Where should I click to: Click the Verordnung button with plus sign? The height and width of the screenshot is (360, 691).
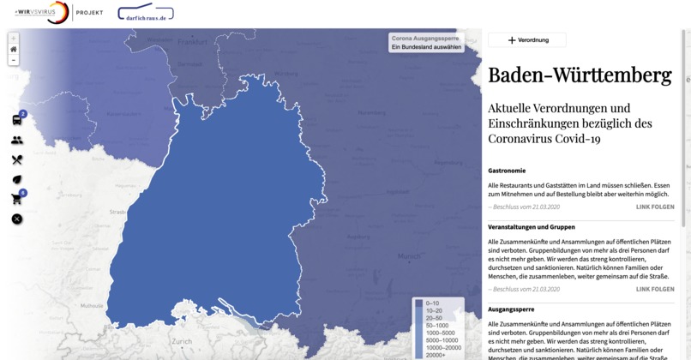(x=526, y=40)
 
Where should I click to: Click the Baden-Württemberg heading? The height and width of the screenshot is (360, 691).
(x=580, y=75)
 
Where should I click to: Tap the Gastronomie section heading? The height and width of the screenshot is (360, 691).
(x=507, y=171)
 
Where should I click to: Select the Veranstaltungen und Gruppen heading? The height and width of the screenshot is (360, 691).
(x=532, y=227)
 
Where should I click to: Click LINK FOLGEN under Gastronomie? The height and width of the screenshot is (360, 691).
(x=655, y=207)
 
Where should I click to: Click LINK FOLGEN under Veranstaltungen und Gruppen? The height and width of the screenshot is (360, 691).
(x=655, y=290)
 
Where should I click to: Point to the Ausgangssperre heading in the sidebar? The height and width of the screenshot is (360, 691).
(x=511, y=309)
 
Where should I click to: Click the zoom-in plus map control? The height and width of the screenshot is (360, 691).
(x=14, y=39)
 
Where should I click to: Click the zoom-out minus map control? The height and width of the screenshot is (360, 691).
(x=14, y=60)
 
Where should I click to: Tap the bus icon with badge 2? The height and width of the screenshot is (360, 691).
(x=17, y=120)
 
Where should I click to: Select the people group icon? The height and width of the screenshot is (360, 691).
(x=17, y=140)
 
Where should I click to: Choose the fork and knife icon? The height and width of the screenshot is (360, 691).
(x=17, y=159)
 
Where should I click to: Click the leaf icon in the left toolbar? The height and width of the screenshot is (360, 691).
(x=17, y=179)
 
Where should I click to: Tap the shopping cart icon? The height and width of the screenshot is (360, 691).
(x=17, y=199)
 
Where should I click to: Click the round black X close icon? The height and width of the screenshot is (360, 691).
(x=17, y=219)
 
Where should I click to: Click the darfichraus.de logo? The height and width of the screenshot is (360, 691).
(x=145, y=14)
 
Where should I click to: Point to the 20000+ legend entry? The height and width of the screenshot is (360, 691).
(x=436, y=355)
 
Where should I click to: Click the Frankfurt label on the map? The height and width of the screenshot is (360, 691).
(x=193, y=41)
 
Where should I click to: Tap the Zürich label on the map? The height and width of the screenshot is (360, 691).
(x=182, y=341)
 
